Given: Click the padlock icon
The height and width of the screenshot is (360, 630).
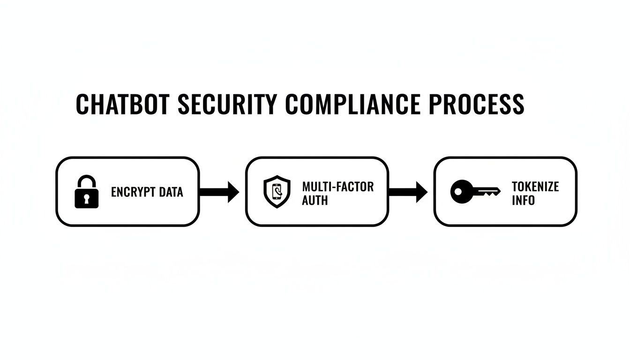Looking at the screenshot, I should [x=87, y=192].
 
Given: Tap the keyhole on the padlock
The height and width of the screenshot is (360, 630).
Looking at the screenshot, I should [x=87, y=199].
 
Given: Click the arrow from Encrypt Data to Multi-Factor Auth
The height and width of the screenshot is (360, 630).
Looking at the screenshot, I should [x=219, y=192].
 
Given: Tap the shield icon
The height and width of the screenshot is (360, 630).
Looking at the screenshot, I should [x=277, y=192].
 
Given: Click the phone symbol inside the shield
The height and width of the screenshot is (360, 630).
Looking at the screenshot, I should [x=277, y=192].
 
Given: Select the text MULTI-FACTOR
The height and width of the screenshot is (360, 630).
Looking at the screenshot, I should [x=338, y=187].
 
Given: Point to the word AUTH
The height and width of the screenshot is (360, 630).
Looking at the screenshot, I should [x=315, y=200].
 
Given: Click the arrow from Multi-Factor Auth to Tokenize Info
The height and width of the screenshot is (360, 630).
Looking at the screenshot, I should [x=408, y=192].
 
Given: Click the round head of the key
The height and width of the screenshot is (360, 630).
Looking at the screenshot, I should [x=461, y=192].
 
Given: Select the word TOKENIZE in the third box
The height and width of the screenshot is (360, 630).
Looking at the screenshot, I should [x=535, y=187].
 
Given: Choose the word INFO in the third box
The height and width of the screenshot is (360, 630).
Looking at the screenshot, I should [x=523, y=200].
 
